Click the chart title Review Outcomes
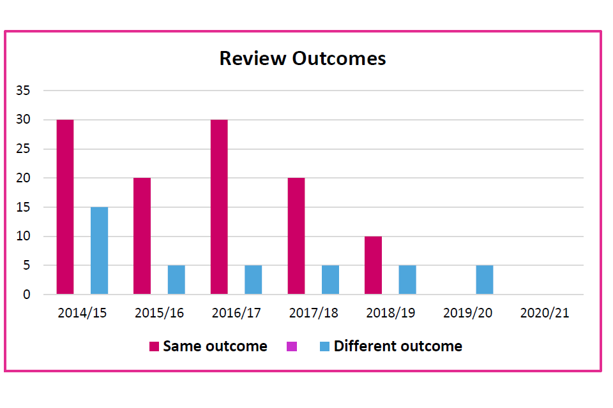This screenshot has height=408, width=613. pyautogui.click(x=303, y=58)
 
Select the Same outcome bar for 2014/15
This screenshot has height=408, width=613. pyautogui.click(x=65, y=207)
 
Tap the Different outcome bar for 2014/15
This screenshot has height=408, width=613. pyautogui.click(x=99, y=251)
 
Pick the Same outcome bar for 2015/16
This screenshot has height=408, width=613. pyautogui.click(x=142, y=236)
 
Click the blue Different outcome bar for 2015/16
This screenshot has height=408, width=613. pyautogui.click(x=176, y=280)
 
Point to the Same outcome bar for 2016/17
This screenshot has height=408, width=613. pyautogui.click(x=219, y=207)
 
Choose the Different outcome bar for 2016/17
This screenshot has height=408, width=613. pyautogui.click(x=253, y=280)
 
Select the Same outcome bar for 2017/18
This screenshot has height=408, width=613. pyautogui.click(x=296, y=236)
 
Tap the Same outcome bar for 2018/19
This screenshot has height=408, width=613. pyautogui.click(x=373, y=265)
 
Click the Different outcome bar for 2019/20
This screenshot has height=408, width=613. pyautogui.click(x=484, y=280)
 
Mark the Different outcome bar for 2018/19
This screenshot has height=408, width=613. pyautogui.click(x=407, y=280)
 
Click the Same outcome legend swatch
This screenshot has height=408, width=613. pyautogui.click(x=154, y=346)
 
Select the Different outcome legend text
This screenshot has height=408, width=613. pyautogui.click(x=398, y=346)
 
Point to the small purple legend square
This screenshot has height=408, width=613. pyautogui.click(x=292, y=346)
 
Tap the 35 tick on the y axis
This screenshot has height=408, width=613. pyautogui.click(x=23, y=91)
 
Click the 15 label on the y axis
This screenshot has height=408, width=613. pyautogui.click(x=23, y=207)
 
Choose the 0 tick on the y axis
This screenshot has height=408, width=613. pyautogui.click(x=26, y=295)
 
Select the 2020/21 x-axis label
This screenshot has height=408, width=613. pyautogui.click(x=545, y=313)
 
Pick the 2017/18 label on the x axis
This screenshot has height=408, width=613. pyautogui.click(x=314, y=313)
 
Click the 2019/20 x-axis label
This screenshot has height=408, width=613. pyautogui.click(x=467, y=313)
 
